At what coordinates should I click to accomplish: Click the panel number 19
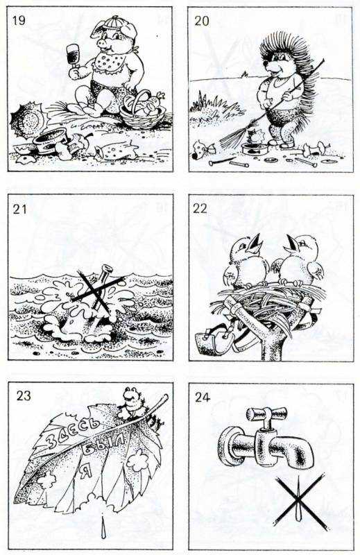coord(19,20)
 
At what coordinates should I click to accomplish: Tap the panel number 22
coord(200,209)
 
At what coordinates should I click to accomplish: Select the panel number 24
coord(203,398)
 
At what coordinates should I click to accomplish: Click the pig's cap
coord(114,24)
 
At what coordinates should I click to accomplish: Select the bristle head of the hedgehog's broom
coord(232,135)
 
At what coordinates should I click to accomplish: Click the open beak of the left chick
coord(257,241)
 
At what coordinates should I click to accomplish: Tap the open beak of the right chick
coord(293,242)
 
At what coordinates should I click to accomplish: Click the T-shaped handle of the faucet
coord(267,414)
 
